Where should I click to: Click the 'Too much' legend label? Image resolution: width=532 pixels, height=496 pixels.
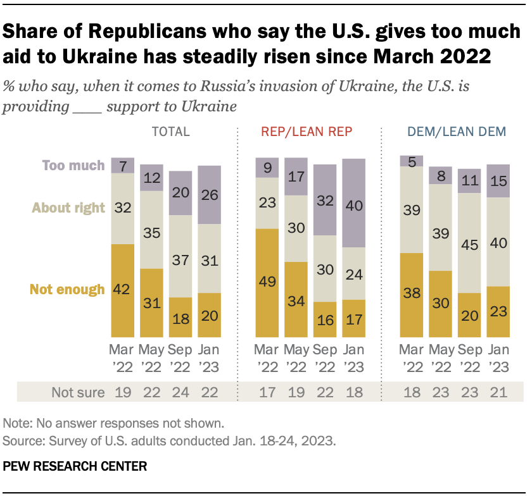pos(73,166)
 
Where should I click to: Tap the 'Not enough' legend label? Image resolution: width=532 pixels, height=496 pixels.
pos(66,290)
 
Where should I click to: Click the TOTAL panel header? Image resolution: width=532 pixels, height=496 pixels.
pos(170,132)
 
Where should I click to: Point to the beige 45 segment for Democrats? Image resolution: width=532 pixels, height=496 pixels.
pos(469,242)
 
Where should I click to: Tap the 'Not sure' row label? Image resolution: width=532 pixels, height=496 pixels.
pos(79,392)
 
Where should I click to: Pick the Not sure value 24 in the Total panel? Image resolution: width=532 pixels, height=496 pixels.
pos(181,392)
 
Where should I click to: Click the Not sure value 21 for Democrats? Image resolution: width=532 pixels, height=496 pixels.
pos(498,392)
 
